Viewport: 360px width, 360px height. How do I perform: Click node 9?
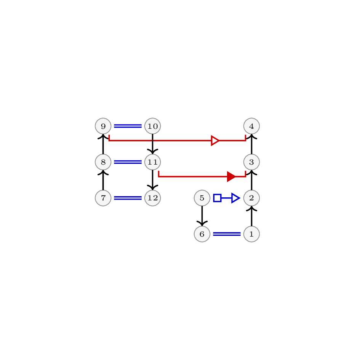click(103, 126)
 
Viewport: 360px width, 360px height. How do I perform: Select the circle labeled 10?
click(153, 126)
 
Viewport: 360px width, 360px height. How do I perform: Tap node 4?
click(252, 126)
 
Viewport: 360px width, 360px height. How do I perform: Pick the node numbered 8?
click(103, 162)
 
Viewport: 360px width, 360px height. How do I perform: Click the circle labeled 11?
click(153, 162)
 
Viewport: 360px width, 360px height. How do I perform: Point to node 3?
click(252, 162)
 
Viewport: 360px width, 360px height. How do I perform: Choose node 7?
click(103, 198)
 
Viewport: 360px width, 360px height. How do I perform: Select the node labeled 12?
click(153, 198)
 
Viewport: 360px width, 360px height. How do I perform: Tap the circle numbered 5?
click(202, 198)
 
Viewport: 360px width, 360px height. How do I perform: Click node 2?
click(252, 198)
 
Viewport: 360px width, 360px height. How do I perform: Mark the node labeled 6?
click(202, 234)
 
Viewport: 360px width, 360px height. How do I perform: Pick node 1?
click(252, 234)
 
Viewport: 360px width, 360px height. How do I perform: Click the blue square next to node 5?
click(218, 198)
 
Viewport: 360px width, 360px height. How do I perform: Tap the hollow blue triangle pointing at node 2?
click(236, 198)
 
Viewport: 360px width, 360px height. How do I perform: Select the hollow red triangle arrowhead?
click(215, 141)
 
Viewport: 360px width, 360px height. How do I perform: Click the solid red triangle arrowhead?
click(231, 176)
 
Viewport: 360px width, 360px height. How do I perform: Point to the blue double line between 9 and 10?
click(128, 126)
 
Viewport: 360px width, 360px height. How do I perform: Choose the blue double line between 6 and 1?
click(227, 234)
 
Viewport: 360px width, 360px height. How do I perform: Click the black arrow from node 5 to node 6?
click(202, 216)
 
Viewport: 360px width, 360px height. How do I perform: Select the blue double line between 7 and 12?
click(128, 198)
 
